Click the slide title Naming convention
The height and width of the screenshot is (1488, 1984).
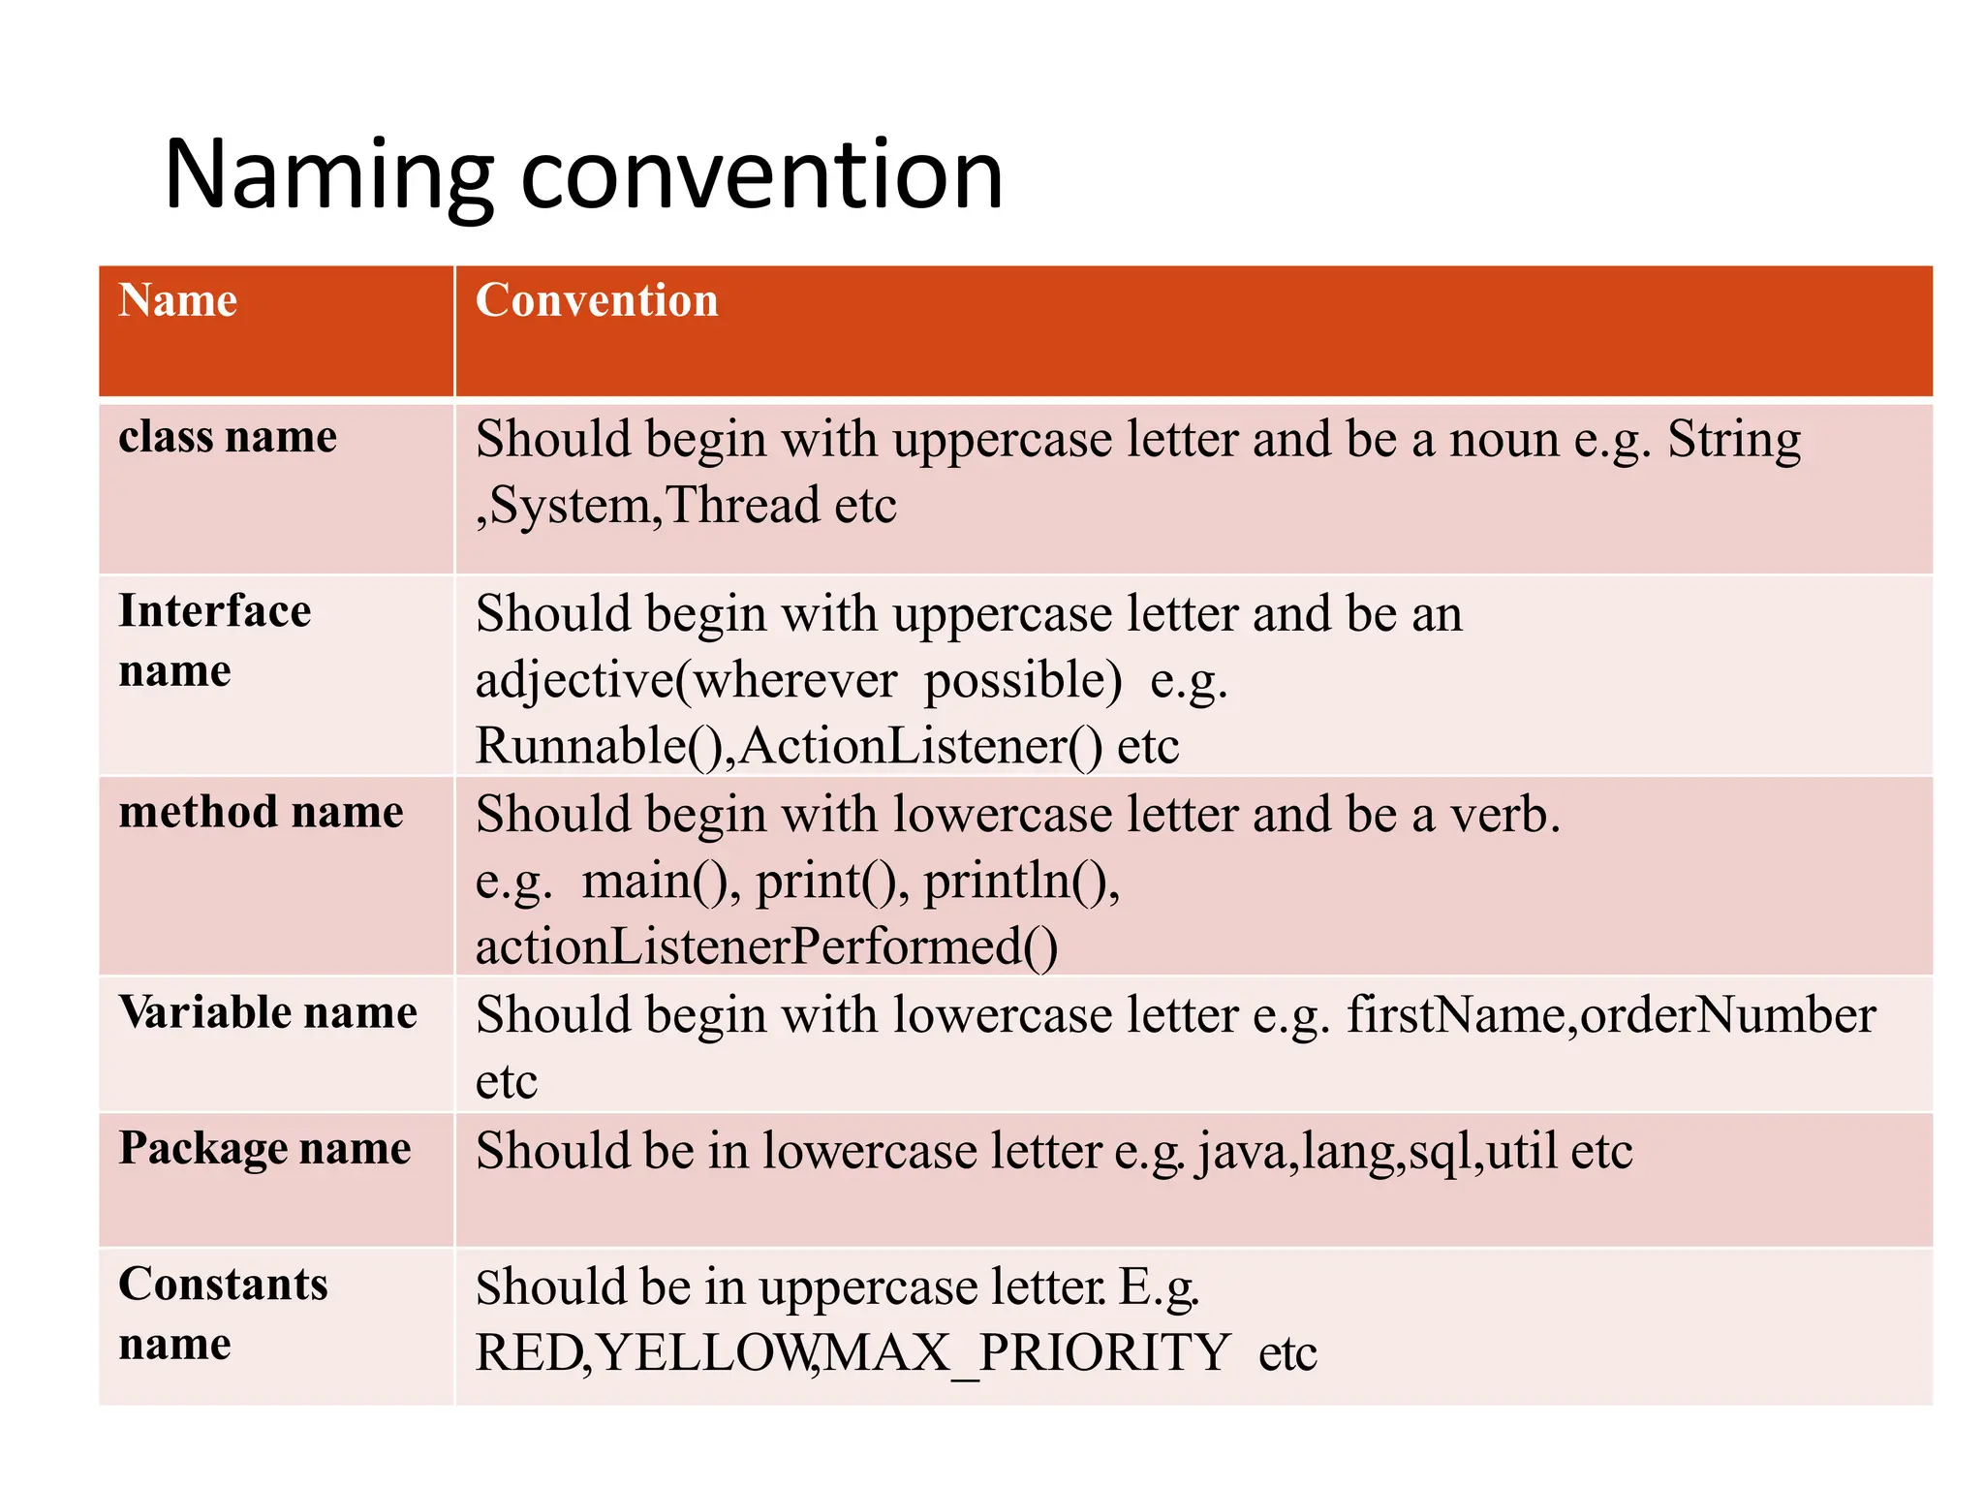(583, 175)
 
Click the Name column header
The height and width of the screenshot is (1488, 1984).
(178, 300)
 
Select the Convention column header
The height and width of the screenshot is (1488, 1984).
(597, 300)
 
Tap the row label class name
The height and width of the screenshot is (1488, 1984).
(228, 437)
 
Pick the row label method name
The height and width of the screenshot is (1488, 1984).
(261, 812)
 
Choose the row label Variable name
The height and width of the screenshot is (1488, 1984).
(268, 1012)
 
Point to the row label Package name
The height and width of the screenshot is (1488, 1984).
(264, 1148)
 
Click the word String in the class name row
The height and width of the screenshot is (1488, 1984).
(1733, 440)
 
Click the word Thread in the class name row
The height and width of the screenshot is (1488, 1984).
(742, 506)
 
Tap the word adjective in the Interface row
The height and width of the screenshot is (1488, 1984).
(574, 680)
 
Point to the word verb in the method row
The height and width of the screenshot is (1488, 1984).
(1503, 815)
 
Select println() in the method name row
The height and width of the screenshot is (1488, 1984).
(1021, 882)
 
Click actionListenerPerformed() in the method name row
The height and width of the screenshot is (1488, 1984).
(766, 947)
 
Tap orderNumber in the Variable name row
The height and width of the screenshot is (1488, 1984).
(1727, 1015)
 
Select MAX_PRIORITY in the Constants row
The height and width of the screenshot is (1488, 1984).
(1027, 1353)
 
